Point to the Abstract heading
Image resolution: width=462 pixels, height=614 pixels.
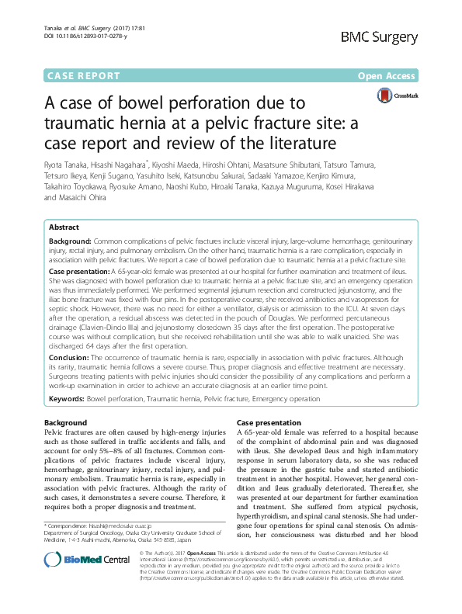tap(64, 227)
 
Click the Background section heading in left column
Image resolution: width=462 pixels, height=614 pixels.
tap(66, 422)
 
